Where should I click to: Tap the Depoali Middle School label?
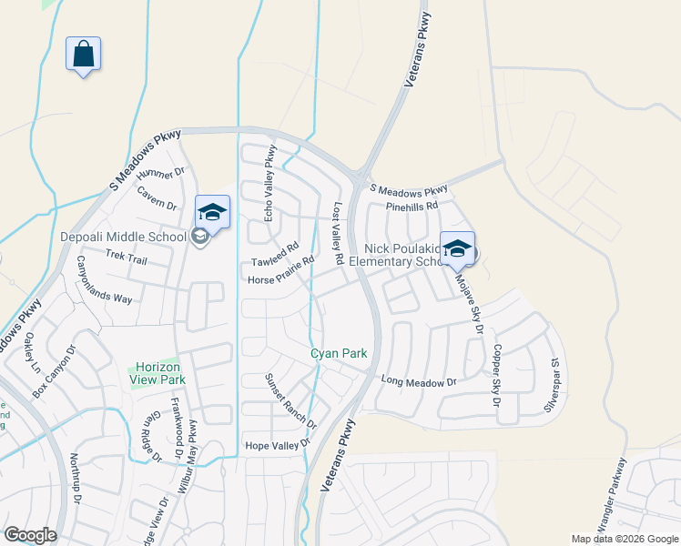[x=123, y=238]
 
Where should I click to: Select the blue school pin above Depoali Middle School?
[x=212, y=212]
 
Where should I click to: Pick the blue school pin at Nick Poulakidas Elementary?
[x=457, y=248]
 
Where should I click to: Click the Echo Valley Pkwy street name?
[x=269, y=182]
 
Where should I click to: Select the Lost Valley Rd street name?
[x=338, y=234]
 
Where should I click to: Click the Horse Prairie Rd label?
[x=280, y=270]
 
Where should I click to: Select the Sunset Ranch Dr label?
[x=290, y=401]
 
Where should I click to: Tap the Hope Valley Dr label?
[x=278, y=446]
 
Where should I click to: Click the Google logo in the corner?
[x=30, y=535]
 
